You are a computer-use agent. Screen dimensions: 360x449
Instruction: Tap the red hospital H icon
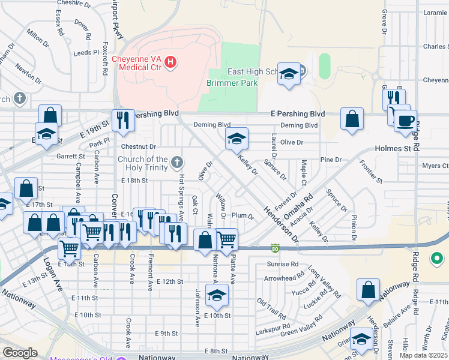pos(170,61)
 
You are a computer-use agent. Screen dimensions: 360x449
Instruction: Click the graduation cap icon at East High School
pos(289,74)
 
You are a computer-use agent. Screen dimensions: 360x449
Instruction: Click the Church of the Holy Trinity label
pos(142,163)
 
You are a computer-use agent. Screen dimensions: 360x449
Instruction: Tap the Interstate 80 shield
pos(275,247)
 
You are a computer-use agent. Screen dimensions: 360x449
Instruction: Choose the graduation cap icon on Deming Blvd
pos(237,139)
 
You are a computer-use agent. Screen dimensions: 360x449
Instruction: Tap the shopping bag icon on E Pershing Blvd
pos(351,118)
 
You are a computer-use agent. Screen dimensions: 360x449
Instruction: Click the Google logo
pos(20,353)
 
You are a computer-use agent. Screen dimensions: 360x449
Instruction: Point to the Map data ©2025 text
pos(424,355)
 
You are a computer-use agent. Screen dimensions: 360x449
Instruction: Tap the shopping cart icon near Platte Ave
pos(227,239)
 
